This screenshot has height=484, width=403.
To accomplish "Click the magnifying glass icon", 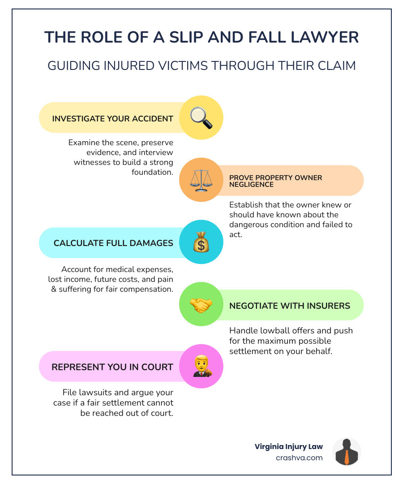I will pyautogui.click(x=201, y=118).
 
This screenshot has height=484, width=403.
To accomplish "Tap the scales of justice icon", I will pyautogui.click(x=201, y=180).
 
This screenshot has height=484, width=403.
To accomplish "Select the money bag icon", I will pyautogui.click(x=201, y=242).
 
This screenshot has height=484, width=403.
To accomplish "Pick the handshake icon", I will pyautogui.click(x=201, y=305).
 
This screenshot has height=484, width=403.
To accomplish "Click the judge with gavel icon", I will pyautogui.click(x=201, y=367).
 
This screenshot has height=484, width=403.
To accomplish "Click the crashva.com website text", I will pyautogui.click(x=300, y=458).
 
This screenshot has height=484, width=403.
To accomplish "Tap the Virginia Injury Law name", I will pyautogui.click(x=288, y=446).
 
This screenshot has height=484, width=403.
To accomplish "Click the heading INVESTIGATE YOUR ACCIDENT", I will pyautogui.click(x=112, y=119).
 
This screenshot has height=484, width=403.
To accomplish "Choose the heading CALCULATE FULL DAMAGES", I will pyautogui.click(x=113, y=243).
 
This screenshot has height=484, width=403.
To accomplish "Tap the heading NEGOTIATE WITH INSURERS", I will pyautogui.click(x=289, y=306).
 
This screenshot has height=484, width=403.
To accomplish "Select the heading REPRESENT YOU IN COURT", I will pyautogui.click(x=112, y=367).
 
